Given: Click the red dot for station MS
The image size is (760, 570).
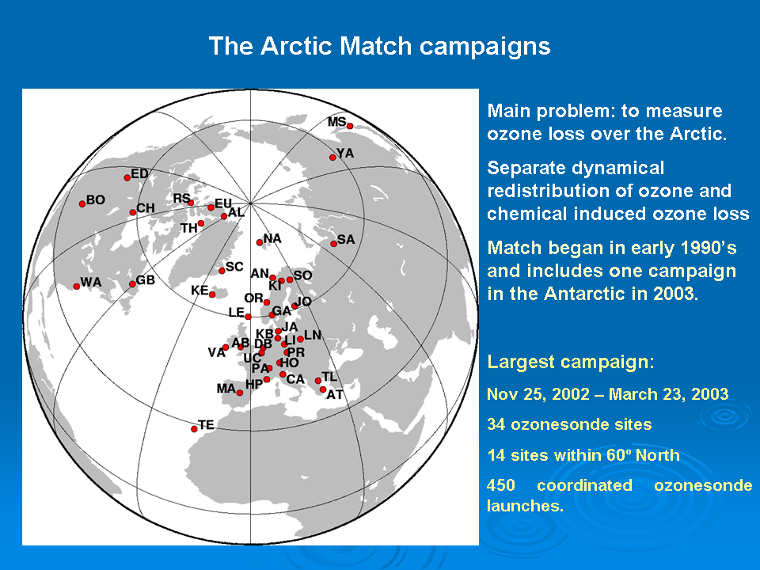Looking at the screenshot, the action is (x=350, y=126).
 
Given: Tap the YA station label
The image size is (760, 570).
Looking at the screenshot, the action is (x=346, y=153).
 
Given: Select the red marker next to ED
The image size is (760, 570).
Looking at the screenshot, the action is (x=127, y=178).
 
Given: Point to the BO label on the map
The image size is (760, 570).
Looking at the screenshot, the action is (x=96, y=199).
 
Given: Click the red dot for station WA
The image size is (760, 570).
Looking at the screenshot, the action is (x=77, y=287).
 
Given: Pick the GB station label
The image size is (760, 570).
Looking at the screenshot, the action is (x=146, y=280).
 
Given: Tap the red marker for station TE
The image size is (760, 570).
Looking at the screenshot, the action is (x=194, y=429).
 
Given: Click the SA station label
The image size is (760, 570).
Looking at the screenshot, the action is (x=346, y=239).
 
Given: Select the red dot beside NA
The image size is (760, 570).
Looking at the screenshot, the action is (x=260, y=242).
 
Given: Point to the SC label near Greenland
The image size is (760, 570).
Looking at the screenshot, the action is (x=234, y=267).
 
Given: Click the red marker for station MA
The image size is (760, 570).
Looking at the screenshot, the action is (x=239, y=393).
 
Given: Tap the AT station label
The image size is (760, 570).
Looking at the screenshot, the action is (x=335, y=395).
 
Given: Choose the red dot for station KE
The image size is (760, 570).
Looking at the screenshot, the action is (x=212, y=294).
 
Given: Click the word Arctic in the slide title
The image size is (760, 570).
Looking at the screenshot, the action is (x=298, y=47).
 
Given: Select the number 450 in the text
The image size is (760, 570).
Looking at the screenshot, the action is (x=500, y=485).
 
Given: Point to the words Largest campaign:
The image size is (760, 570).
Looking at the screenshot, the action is (x=571, y=362).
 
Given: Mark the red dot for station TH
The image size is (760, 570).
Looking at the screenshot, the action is (x=201, y=223).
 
